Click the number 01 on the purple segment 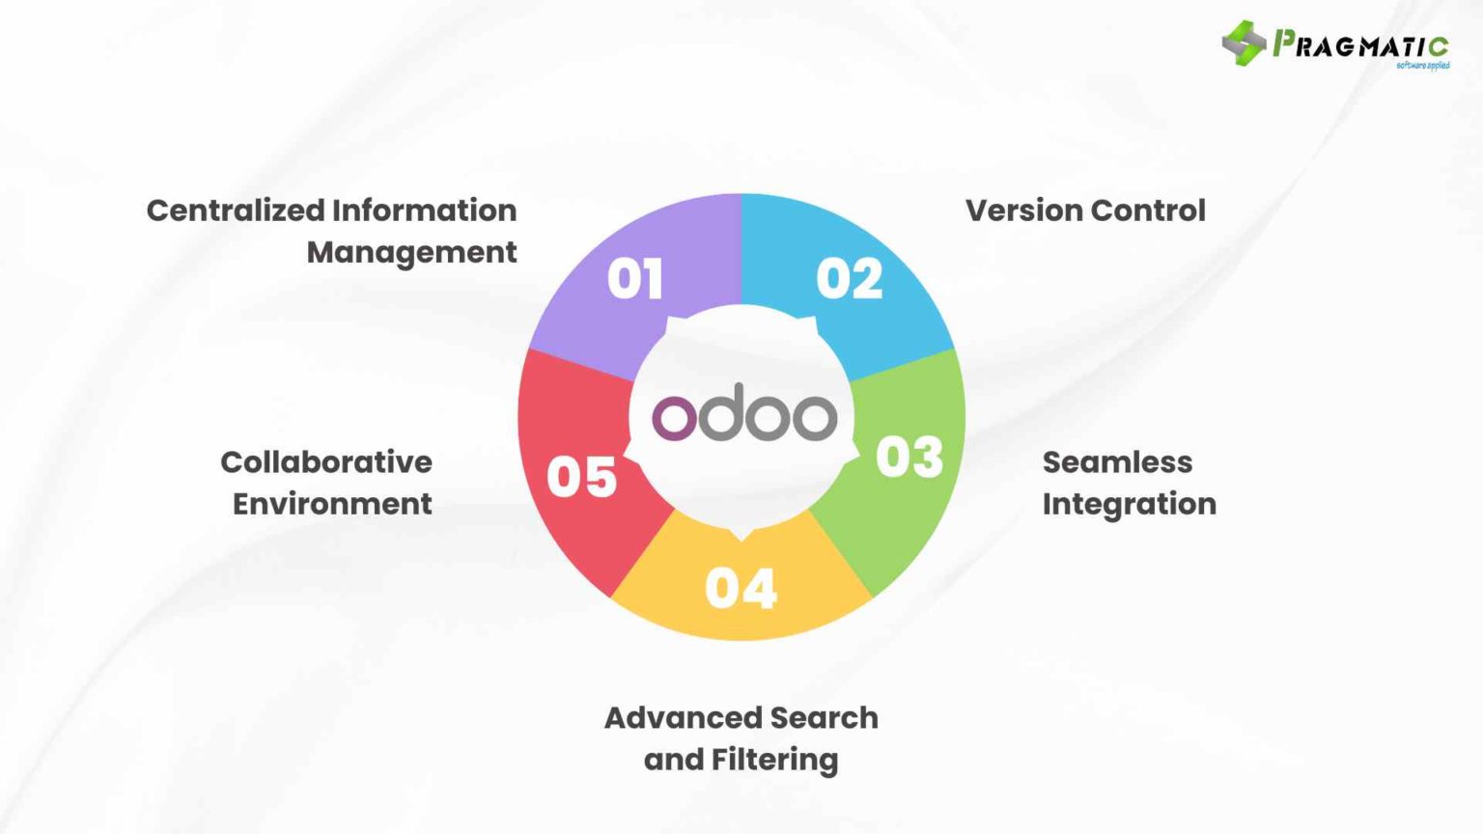[635, 279]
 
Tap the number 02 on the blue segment [850, 279]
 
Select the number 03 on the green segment [909, 458]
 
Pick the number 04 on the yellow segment [741, 588]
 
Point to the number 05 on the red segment [581, 477]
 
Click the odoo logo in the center [743, 415]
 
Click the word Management [411, 252]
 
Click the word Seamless [1117, 462]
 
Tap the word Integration [1129, 504]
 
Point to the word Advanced [668, 718]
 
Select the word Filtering [774, 761]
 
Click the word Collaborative [326, 462]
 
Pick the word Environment [332, 504]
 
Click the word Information [425, 210]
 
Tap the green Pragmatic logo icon [1244, 42]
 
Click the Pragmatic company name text [1361, 44]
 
